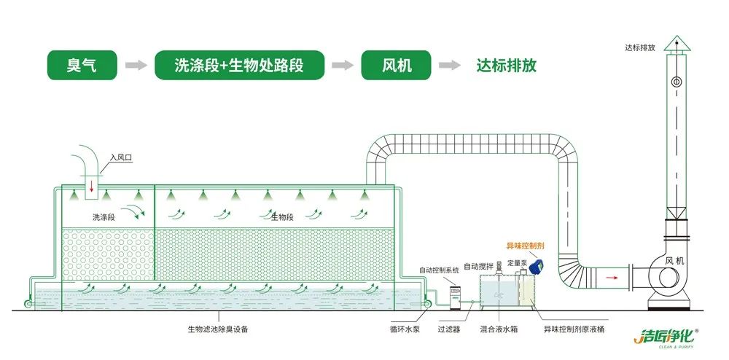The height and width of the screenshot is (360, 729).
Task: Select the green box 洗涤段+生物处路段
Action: [238, 66]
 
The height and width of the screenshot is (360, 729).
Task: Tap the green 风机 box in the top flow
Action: [397, 66]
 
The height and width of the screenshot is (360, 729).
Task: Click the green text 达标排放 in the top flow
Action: [506, 66]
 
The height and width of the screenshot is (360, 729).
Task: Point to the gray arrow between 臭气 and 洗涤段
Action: [136, 66]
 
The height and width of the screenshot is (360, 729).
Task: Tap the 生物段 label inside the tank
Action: [282, 216]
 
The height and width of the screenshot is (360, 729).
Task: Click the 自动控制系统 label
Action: [439, 270]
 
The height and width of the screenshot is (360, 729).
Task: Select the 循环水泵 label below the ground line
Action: [404, 329]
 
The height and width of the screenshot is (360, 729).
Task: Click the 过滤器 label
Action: [448, 329]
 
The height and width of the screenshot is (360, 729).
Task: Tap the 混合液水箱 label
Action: [499, 329]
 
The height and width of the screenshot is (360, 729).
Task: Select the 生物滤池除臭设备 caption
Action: [218, 329]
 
